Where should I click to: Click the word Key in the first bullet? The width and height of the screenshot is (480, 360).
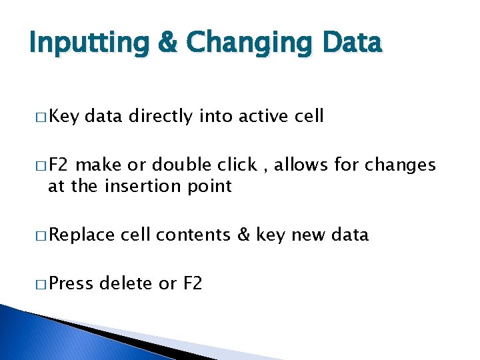tap(64, 116)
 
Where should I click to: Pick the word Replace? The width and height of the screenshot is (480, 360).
tap(82, 235)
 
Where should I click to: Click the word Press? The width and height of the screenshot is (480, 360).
tap(71, 283)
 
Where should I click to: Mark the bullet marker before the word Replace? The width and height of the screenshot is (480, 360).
tap(43, 235)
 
